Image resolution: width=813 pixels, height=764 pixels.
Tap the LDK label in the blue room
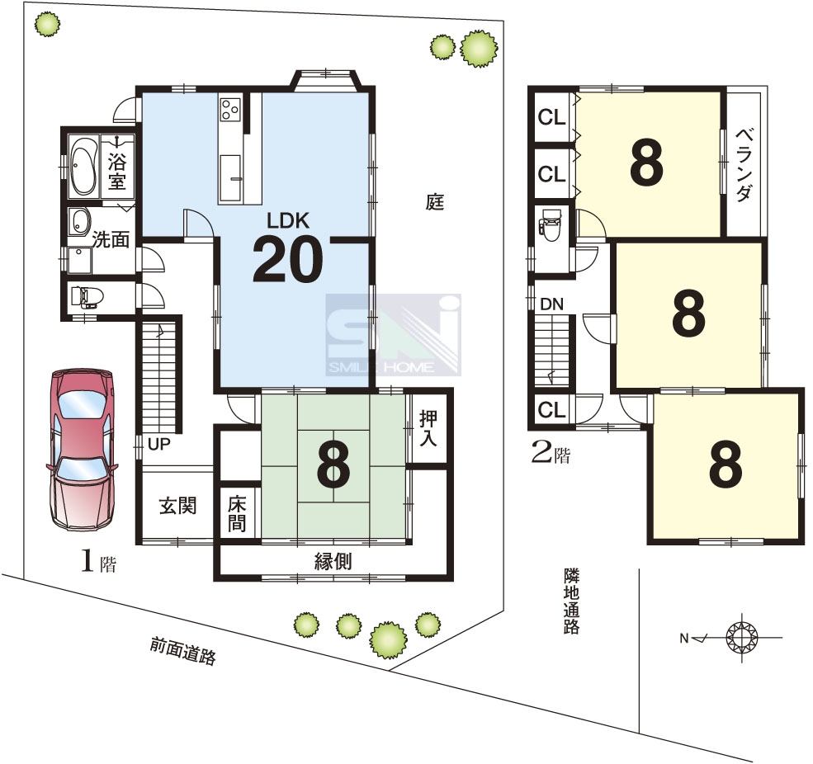pos(288,221)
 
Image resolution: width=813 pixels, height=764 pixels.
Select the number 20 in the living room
pos(288,259)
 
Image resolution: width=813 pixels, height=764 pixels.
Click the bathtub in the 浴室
pos(83,165)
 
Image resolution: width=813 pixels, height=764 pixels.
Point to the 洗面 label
pos(111,240)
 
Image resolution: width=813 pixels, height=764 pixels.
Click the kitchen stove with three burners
pos(229,109)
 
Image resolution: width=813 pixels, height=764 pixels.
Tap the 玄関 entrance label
pos(177,506)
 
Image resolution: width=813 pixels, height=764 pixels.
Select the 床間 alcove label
pos(237,513)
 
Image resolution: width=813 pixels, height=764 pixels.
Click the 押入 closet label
pos(428,428)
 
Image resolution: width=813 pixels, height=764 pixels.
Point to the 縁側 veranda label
pos(333,561)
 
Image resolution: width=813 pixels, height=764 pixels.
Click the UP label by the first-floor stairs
pos(158,444)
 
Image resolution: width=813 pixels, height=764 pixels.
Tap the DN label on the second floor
pos(551,304)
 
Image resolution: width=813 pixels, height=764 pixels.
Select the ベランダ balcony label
pos(744,164)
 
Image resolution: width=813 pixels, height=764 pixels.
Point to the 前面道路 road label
pos(182,650)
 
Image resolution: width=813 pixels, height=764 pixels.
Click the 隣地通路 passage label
pos(571,601)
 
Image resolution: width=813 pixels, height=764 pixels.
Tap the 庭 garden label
pos(435,201)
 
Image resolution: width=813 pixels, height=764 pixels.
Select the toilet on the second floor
pos(549,225)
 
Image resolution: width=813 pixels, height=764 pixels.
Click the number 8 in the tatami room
pos(333,466)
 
